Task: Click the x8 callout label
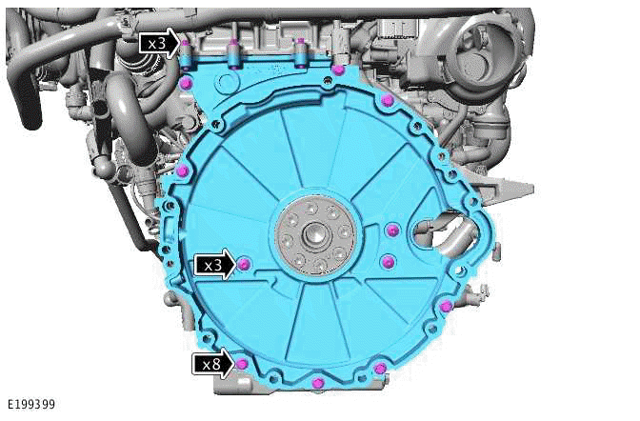coord(209,363)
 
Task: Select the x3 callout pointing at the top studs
coord(156,43)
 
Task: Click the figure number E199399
coord(30,405)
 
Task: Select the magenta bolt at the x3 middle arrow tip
coord(244,263)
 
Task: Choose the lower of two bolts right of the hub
coord(386,261)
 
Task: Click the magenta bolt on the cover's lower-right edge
coord(446,305)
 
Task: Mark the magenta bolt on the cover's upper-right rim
coord(386,101)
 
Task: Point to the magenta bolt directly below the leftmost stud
coord(185,84)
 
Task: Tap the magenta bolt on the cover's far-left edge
coord(180,170)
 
